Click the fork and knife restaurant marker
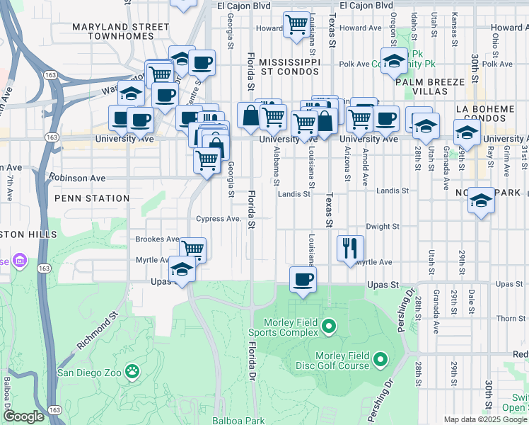(351, 249)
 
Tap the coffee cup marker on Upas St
(303, 279)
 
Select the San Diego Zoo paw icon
(132, 370)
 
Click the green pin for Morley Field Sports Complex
(327, 326)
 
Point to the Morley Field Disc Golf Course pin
(380, 360)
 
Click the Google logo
(23, 416)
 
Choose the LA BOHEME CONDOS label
(490, 114)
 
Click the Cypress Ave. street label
(219, 220)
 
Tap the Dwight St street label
(383, 227)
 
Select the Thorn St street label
(511, 318)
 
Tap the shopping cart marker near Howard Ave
(296, 25)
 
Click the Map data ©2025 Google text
(484, 419)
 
